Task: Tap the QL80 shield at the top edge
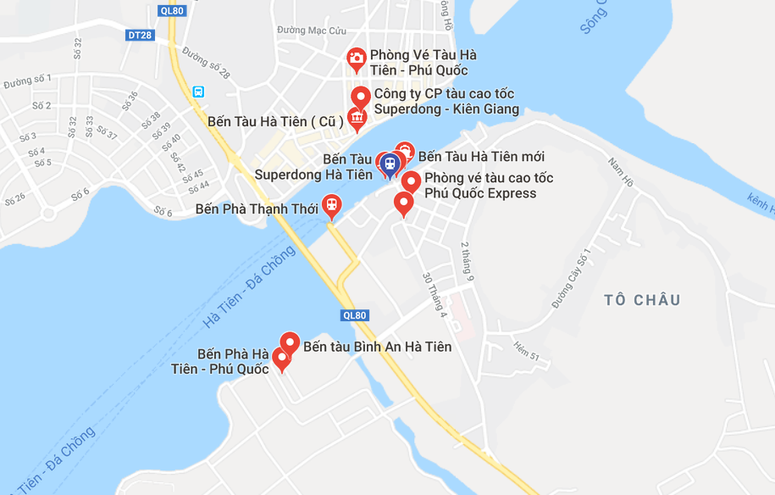[171, 10]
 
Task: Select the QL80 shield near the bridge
[355, 315]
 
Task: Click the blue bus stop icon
[198, 92]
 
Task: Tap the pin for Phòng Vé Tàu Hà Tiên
[357, 58]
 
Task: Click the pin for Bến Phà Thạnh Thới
[331, 205]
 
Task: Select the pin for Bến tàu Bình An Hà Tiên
[290, 343]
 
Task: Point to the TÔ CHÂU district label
[643, 300]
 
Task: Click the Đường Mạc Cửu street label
[312, 31]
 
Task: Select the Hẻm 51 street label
[526, 350]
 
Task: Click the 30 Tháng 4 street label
[434, 295]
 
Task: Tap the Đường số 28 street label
[206, 64]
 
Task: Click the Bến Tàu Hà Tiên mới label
[481, 157]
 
